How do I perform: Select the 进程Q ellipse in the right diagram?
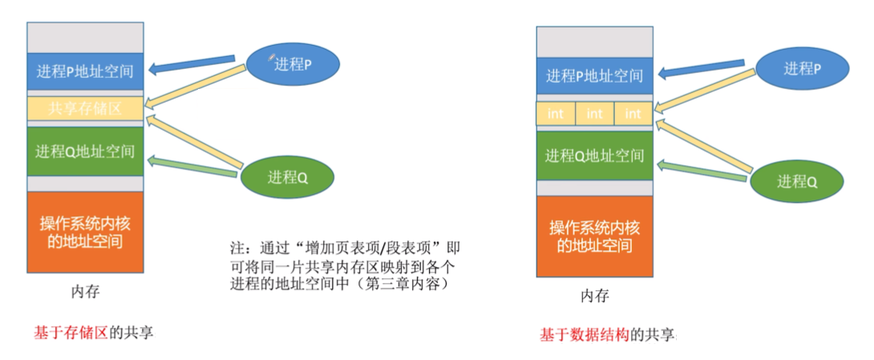[797, 181]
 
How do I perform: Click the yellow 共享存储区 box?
[85, 109]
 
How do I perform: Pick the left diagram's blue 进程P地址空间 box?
[85, 71]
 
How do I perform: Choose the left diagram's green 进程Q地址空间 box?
[85, 152]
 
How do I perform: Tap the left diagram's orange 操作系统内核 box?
[85, 231]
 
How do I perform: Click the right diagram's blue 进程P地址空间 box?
[594, 76]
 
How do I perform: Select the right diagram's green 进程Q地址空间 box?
[594, 156]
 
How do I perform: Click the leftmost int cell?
[556, 114]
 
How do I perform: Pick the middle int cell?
[594, 114]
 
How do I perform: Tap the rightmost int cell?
[633, 114]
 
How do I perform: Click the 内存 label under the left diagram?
[85, 292]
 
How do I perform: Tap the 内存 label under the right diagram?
[594, 296]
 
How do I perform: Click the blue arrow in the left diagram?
[192, 66]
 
